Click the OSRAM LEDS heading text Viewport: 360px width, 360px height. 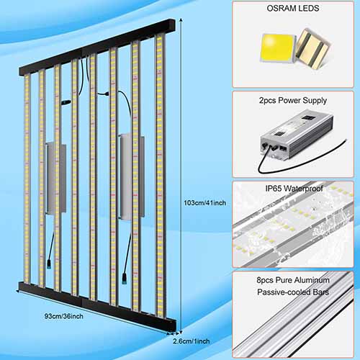pyautogui.click(x=293, y=8)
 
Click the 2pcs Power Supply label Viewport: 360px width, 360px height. pyautogui.click(x=293, y=100)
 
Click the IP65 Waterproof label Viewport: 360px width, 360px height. pyautogui.click(x=294, y=189)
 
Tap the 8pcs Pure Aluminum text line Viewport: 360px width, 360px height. pyautogui.click(x=293, y=280)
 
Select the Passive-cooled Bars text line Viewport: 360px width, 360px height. pyautogui.click(x=293, y=292)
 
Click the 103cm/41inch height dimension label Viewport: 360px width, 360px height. pyautogui.click(x=205, y=203)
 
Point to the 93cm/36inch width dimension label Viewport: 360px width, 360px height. pyautogui.click(x=64, y=316)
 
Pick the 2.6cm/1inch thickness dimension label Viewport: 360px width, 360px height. pyautogui.click(x=192, y=341)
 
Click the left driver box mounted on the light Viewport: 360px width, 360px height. pyautogui.click(x=56, y=178)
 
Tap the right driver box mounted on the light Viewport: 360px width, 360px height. pyautogui.click(x=132, y=176)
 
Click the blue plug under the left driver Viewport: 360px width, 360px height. pyautogui.click(x=49, y=264)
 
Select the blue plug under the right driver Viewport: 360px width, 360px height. pyautogui.click(x=125, y=278)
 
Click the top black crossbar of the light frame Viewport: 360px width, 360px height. pyautogui.click(x=97, y=47)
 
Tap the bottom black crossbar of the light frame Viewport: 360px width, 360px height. pyautogui.click(x=97, y=305)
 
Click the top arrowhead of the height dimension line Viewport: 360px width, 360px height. pyautogui.click(x=181, y=19)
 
